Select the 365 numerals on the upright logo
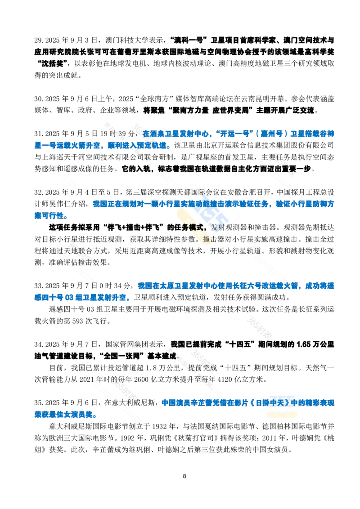[282, 400]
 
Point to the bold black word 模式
[196, 228]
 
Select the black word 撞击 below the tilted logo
[208, 239]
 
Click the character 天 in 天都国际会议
[180, 192]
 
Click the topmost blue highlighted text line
[238, 134]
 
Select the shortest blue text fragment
[49, 215]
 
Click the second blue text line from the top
[101, 146]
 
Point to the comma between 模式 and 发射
[207, 228]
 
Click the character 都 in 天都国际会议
[187, 192]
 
